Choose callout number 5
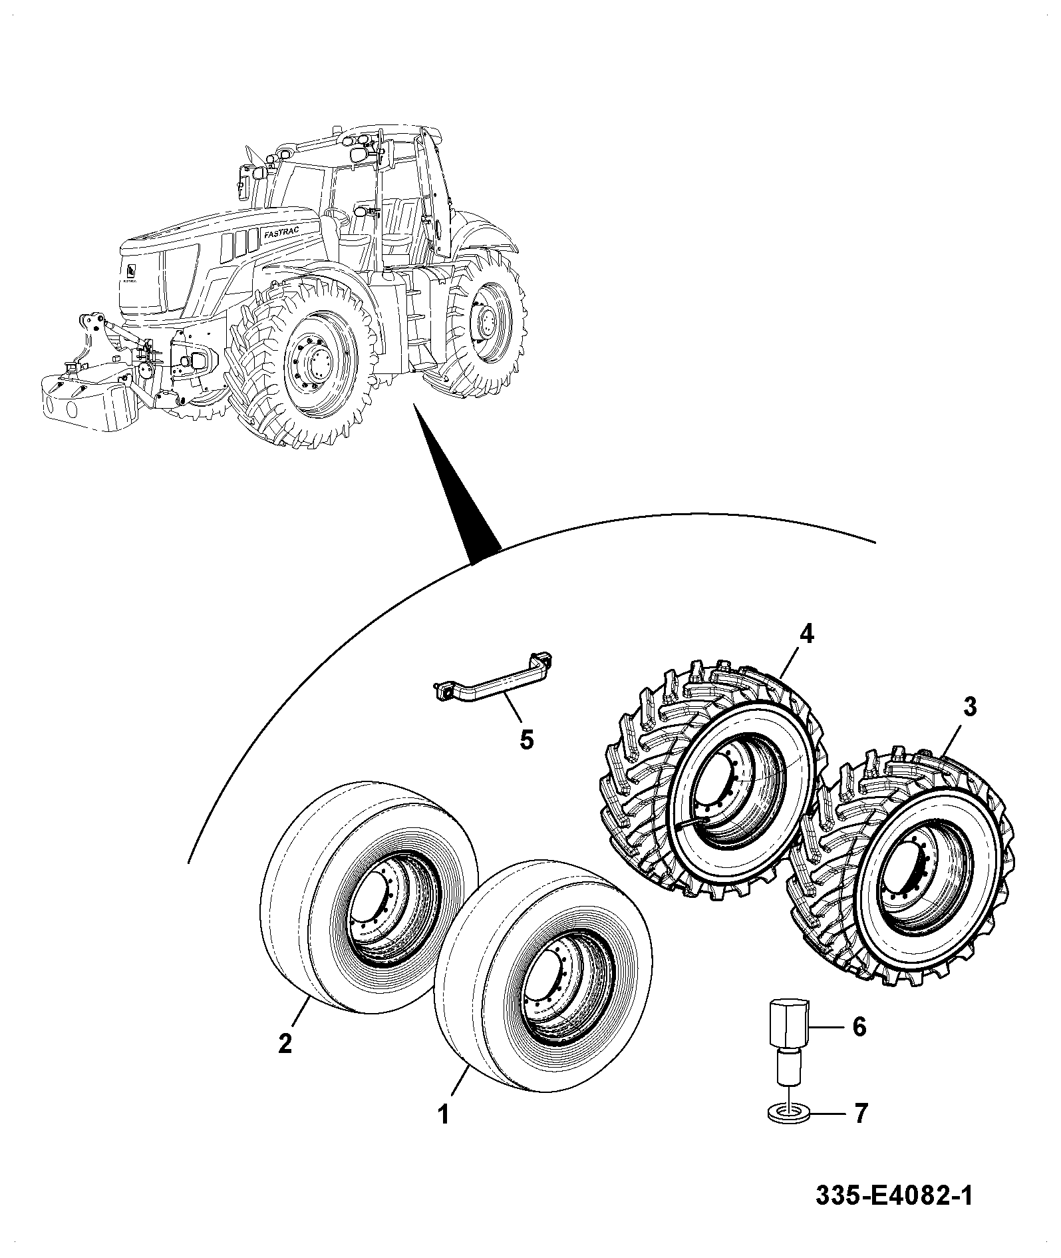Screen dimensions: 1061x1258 (526, 739)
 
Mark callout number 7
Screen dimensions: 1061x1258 (860, 1113)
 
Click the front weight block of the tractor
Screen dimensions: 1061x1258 (85, 399)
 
